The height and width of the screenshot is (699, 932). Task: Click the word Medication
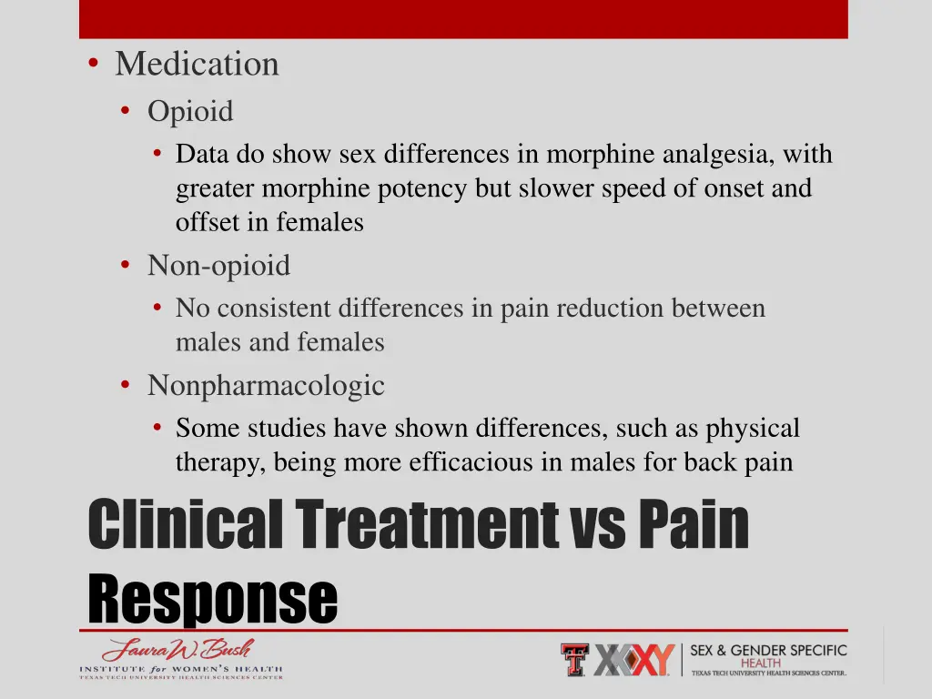(x=197, y=65)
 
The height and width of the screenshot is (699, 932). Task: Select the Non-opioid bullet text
(x=218, y=266)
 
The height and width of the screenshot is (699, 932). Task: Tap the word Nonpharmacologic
(x=266, y=386)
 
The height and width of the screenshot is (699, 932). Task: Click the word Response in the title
(x=213, y=598)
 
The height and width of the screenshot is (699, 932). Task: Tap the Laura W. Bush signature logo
(x=178, y=651)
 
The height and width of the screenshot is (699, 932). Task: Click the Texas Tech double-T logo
(x=574, y=659)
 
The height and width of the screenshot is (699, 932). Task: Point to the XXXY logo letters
(x=634, y=659)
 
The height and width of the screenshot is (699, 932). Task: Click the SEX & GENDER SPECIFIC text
(x=768, y=651)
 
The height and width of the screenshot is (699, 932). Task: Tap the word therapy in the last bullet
(x=218, y=462)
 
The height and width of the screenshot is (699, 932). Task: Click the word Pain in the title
(x=694, y=525)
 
